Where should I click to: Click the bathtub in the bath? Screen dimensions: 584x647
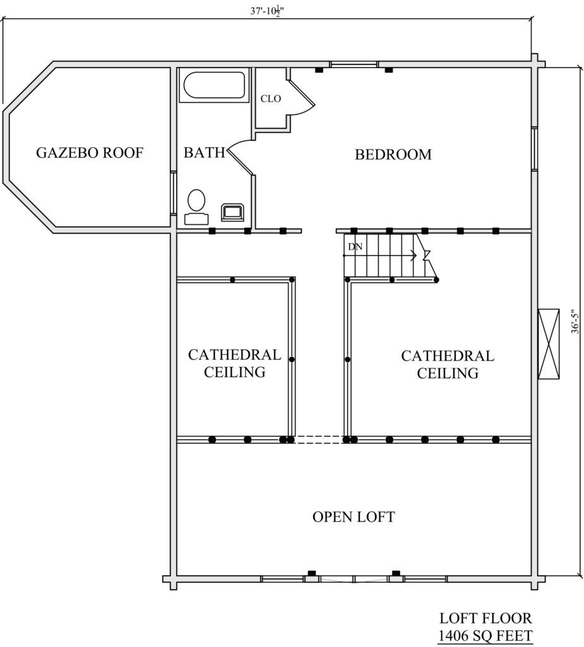(x=214, y=85)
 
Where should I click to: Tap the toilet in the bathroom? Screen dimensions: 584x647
(x=196, y=207)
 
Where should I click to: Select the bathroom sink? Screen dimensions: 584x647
(x=233, y=212)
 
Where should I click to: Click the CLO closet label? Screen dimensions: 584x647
(x=271, y=99)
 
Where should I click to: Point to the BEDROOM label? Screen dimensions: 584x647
(x=393, y=154)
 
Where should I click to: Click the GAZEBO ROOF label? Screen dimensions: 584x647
(x=90, y=153)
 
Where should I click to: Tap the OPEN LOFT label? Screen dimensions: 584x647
(x=354, y=517)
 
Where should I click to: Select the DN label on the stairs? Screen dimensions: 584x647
(x=355, y=247)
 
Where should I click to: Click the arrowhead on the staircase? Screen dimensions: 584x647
(x=414, y=256)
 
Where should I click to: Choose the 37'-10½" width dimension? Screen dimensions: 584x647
(x=267, y=11)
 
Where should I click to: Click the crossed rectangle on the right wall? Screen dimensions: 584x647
(x=549, y=343)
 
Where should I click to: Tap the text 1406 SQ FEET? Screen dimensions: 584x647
(x=485, y=636)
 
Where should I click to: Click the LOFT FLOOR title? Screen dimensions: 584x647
(x=486, y=618)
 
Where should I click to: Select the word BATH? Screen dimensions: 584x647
(x=205, y=153)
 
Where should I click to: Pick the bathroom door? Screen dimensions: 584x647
(x=239, y=156)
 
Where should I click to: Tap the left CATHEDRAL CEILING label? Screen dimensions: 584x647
(x=234, y=363)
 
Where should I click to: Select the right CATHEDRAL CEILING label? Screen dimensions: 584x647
(x=448, y=365)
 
